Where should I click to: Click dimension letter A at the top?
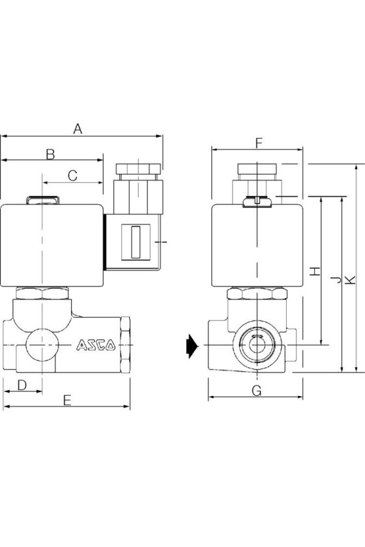[78, 128]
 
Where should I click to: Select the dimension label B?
[51, 154]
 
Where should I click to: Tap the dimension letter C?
[72, 175]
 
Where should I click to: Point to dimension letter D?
[22, 385]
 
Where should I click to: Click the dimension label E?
[67, 400]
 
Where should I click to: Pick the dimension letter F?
[259, 143]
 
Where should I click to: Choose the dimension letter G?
[257, 391]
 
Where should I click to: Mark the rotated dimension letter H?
[315, 271]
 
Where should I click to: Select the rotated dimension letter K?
[350, 280]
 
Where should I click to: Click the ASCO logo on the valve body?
[96, 345]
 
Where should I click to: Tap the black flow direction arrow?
[192, 346]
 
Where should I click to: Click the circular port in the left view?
[42, 345]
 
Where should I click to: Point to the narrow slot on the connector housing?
[136, 242]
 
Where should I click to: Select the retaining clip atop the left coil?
[42, 200]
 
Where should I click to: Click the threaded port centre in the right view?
[257, 345]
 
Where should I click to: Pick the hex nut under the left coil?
[42, 293]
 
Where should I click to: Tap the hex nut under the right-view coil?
[257, 294]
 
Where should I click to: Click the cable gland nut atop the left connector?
[138, 169]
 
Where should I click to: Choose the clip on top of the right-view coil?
[257, 202]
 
